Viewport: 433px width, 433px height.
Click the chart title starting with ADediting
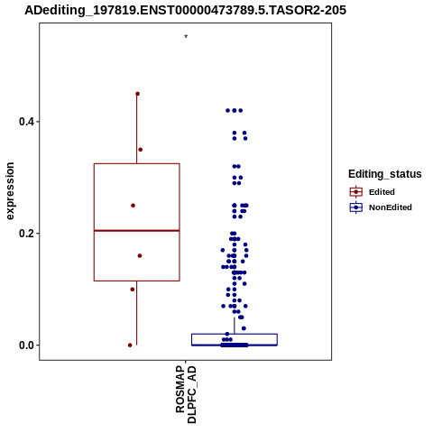pyautogui.click(x=185, y=11)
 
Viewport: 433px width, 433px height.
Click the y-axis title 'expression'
pyautogui.click(x=10, y=191)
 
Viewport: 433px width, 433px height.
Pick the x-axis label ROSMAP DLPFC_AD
pyautogui.click(x=186, y=394)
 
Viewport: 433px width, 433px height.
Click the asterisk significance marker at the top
pyautogui.click(x=186, y=37)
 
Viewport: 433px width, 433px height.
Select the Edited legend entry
pyautogui.click(x=382, y=192)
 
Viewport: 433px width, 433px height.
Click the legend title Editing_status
pyautogui.click(x=385, y=174)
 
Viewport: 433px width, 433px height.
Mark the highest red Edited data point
pyautogui.click(x=137, y=94)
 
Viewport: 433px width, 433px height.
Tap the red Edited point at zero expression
pyautogui.click(x=130, y=345)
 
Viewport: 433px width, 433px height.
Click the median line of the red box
pyautogui.click(x=137, y=231)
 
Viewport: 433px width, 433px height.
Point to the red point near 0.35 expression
pyautogui.click(x=140, y=150)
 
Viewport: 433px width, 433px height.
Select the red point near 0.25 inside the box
pyautogui.click(x=133, y=206)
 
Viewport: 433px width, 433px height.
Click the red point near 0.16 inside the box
pyautogui.click(x=140, y=256)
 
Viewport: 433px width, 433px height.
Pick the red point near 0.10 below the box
pyautogui.click(x=133, y=290)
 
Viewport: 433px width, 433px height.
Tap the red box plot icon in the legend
pyautogui.click(x=356, y=192)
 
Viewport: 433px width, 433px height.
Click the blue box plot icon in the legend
pyautogui.click(x=356, y=207)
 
